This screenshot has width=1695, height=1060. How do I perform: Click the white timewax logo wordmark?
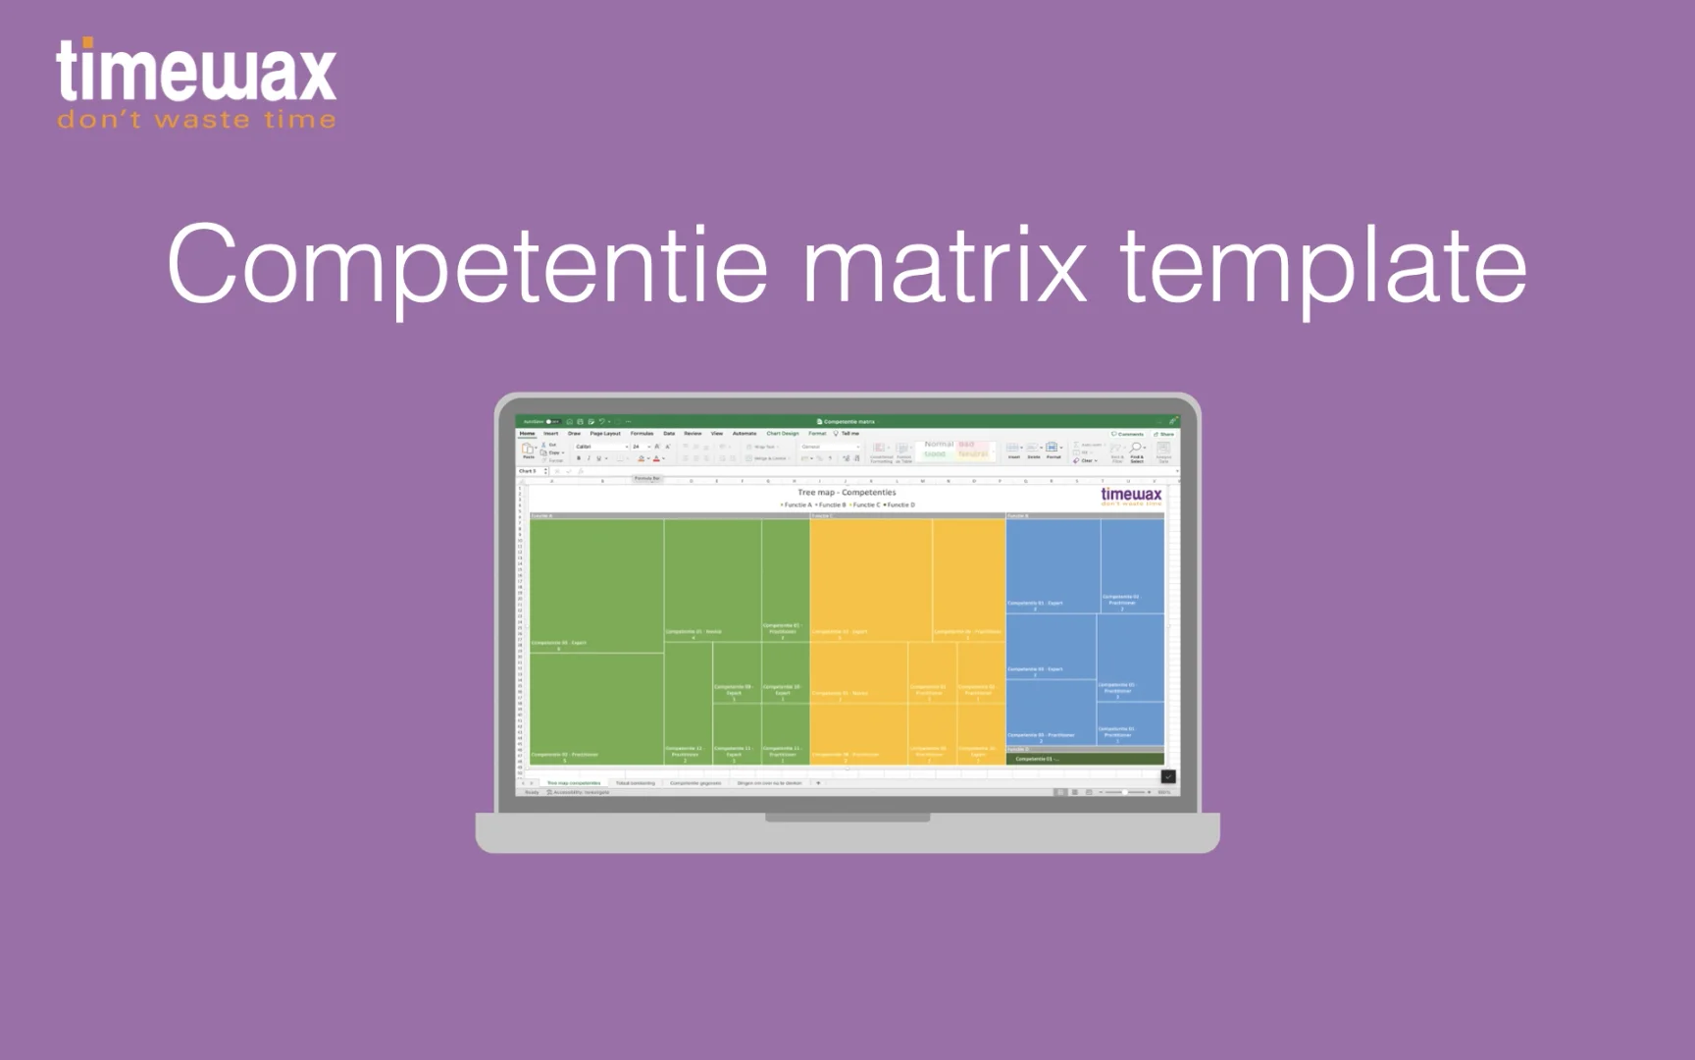tap(196, 71)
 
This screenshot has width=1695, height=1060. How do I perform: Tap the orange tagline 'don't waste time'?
tap(196, 121)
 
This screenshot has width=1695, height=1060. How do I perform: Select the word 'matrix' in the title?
tap(945, 265)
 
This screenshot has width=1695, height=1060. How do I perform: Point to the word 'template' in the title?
tap(1323, 265)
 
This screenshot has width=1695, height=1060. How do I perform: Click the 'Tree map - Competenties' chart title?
tap(847, 493)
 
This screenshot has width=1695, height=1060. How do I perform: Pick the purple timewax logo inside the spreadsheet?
tap(1131, 497)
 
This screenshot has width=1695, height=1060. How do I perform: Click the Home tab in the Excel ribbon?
tap(528, 433)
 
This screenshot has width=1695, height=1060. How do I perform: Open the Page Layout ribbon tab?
tap(605, 433)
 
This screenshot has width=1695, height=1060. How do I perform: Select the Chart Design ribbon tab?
tap(783, 433)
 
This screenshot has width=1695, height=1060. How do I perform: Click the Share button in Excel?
tap(1164, 434)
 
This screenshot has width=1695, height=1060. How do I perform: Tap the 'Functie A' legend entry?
tap(796, 504)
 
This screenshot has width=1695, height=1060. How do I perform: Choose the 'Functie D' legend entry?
tap(899, 504)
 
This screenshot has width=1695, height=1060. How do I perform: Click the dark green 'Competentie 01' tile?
tap(1085, 759)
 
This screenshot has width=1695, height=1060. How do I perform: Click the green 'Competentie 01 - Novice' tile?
tap(712, 579)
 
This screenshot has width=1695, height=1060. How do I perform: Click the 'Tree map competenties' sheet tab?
tap(574, 783)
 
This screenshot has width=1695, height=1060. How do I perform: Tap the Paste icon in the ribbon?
tap(528, 450)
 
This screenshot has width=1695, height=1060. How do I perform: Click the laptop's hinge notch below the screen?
tap(847, 817)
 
